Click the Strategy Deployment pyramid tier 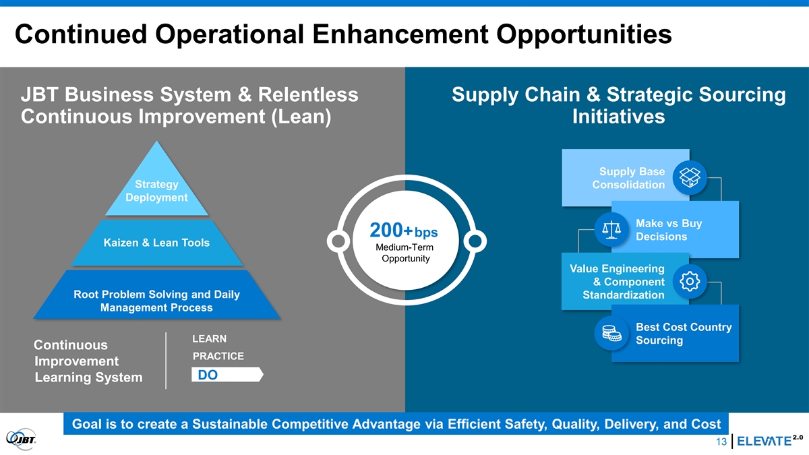(156, 188)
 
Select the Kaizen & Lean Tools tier (156, 243)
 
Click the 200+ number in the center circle (391, 230)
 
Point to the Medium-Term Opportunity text (405, 253)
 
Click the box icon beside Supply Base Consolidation (690, 178)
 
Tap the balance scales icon (611, 229)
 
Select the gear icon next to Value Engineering (690, 281)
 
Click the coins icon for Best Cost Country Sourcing (611, 333)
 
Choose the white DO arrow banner (227, 375)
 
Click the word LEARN (210, 338)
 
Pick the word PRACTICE (218, 356)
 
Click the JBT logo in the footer (22, 439)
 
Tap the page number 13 (721, 442)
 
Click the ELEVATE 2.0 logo (769, 441)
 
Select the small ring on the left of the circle (338, 241)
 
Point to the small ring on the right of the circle (475, 241)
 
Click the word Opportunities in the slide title (584, 35)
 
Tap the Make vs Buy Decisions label (669, 230)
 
